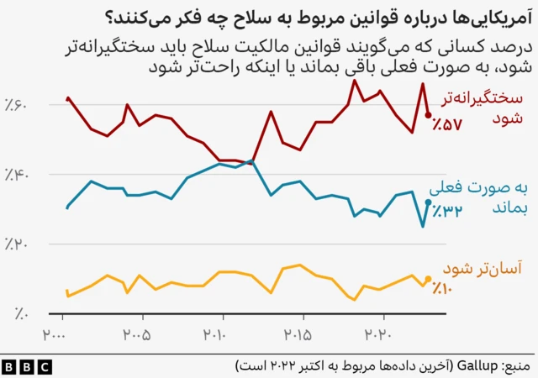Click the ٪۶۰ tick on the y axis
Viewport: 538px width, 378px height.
tap(17, 105)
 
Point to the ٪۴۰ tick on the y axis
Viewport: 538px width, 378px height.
tap(17, 175)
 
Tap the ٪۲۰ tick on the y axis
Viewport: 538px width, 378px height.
tap(17, 244)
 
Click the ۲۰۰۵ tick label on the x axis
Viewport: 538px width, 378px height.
tap(134, 334)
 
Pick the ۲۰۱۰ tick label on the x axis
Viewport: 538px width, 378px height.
tap(215, 334)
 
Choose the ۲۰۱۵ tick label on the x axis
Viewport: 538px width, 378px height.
tap(296, 334)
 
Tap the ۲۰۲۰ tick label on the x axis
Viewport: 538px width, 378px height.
tap(377, 334)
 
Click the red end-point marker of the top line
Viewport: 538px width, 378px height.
tap(429, 115)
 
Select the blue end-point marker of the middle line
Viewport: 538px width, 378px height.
tap(429, 202)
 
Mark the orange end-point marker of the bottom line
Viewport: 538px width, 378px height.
tap(429, 279)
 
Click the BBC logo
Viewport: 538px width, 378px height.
tap(27, 366)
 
